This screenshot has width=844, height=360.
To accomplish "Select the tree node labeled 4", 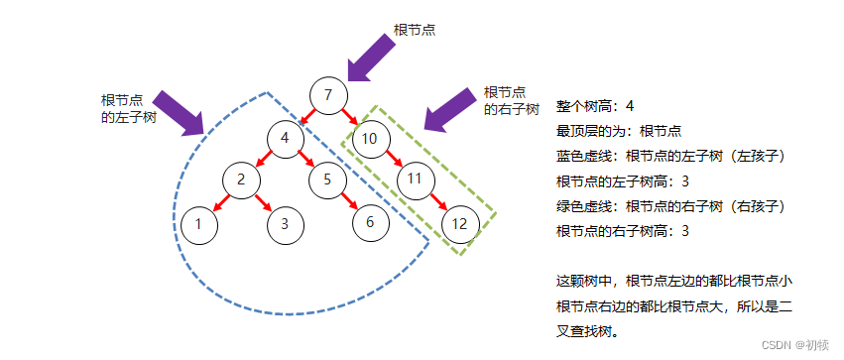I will tap(285, 138).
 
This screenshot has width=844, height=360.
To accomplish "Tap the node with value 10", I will tap(369, 138).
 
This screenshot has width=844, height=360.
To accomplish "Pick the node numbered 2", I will tap(241, 180).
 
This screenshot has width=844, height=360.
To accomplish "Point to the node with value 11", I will tap(416, 180).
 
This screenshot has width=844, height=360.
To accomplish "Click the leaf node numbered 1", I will tap(198, 223).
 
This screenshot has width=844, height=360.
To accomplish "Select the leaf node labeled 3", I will tap(285, 223).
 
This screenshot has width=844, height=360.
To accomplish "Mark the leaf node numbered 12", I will tap(459, 223).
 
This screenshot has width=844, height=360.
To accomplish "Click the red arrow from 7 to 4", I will tap(306, 117).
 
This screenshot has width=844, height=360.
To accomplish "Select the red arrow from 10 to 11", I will tap(393, 159).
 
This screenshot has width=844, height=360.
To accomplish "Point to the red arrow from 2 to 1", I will tap(220, 201).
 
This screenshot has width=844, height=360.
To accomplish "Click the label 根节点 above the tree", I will tap(415, 30).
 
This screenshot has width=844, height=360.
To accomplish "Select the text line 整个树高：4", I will tap(595, 106).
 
